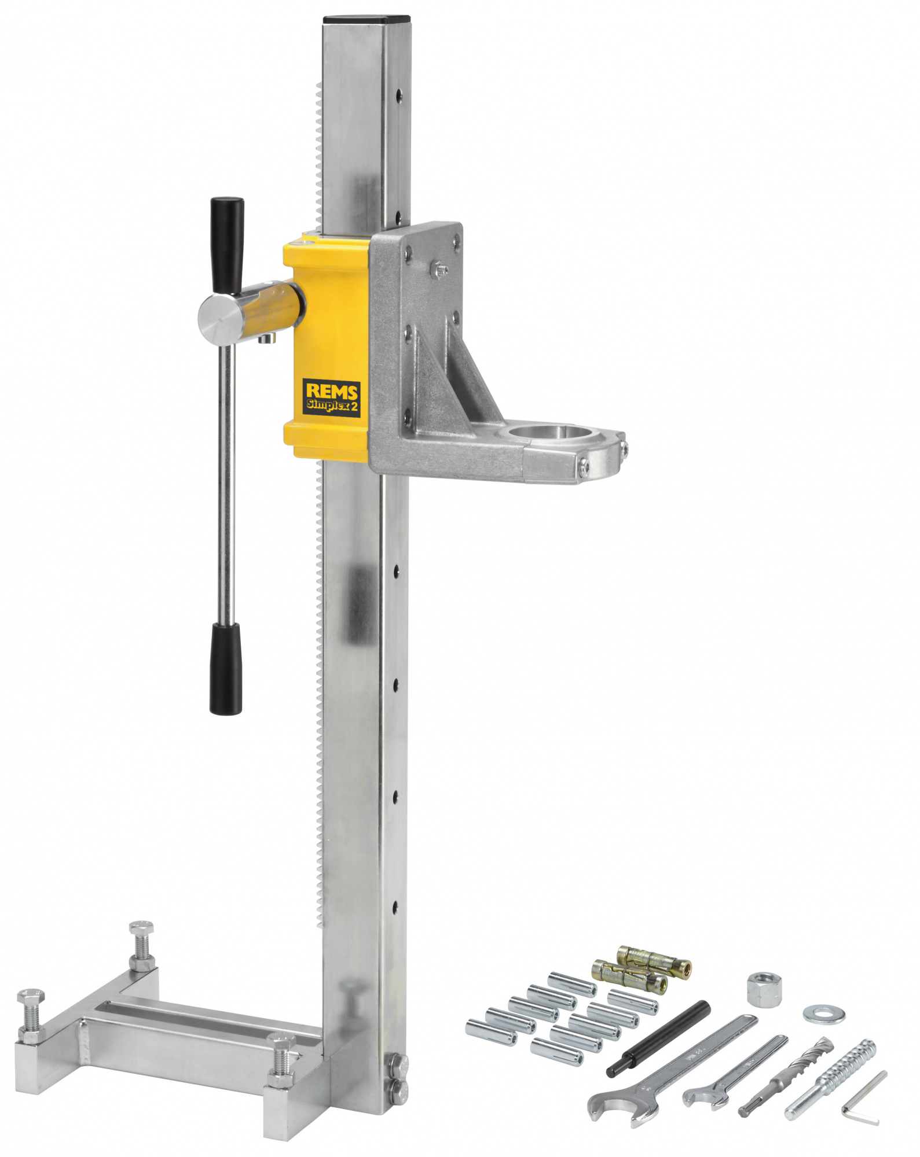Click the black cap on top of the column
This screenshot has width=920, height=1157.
point(366,20)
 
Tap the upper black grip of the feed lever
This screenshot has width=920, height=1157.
point(227,245)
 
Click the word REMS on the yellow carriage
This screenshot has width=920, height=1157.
point(332,392)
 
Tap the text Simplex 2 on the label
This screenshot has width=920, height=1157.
point(332,406)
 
